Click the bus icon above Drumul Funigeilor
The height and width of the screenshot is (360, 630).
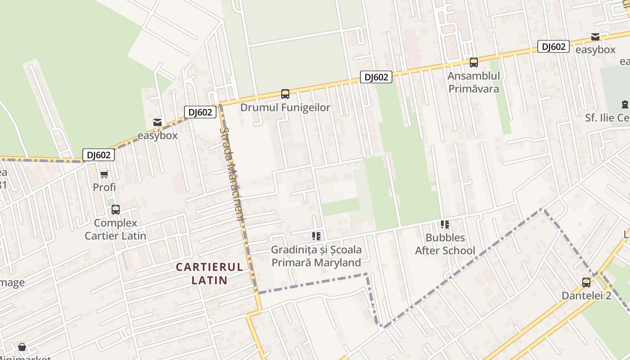(x=285, y=94)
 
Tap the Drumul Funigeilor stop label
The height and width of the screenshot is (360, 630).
(x=285, y=108)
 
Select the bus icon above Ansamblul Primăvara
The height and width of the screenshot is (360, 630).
(x=473, y=63)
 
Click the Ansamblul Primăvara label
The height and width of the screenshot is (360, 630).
(x=473, y=82)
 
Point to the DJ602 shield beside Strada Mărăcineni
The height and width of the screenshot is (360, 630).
(x=200, y=112)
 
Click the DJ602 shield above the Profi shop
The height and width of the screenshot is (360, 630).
(x=99, y=155)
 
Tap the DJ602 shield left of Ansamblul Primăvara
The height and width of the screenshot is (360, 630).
(x=376, y=77)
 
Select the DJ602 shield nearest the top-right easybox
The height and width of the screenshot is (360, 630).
(x=553, y=46)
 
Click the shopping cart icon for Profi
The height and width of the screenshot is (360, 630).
(x=104, y=174)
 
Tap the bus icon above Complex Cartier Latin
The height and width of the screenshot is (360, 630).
(x=115, y=209)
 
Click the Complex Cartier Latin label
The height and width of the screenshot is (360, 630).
(x=116, y=229)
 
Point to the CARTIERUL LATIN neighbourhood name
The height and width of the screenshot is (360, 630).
(x=209, y=274)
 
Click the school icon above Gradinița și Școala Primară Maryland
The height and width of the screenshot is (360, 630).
(x=316, y=236)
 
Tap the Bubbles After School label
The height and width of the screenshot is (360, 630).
(x=445, y=244)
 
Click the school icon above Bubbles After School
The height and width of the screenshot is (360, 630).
(x=445, y=224)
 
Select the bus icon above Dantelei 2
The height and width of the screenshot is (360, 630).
(x=586, y=283)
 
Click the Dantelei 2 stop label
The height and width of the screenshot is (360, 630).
(x=586, y=296)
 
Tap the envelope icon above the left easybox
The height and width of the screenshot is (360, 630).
(x=157, y=122)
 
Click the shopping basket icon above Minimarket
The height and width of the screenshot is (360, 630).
(x=22, y=347)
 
